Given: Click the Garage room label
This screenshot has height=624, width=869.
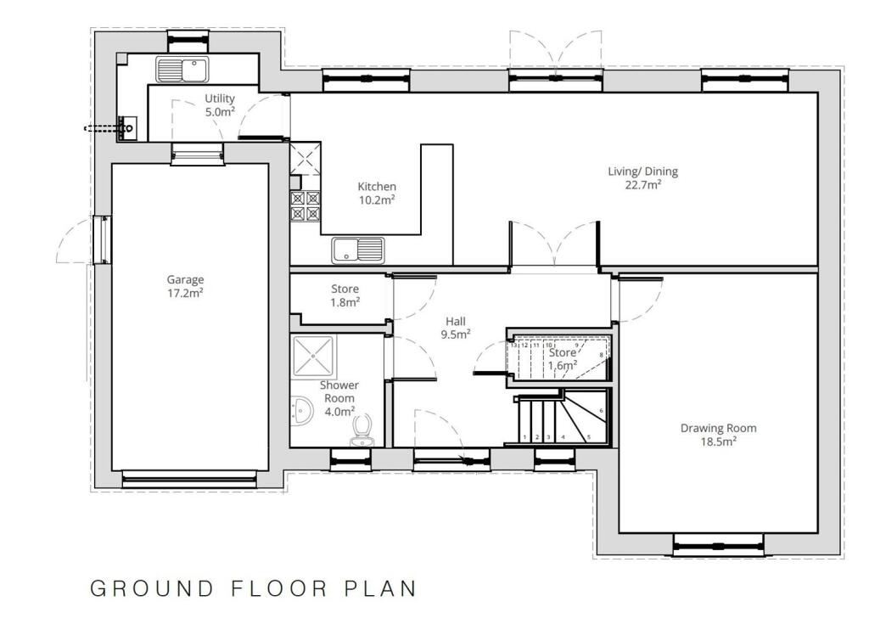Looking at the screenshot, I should click(x=185, y=279).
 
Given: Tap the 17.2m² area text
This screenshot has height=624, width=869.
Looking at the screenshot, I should click(x=185, y=293).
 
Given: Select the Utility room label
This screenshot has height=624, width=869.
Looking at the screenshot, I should click(x=220, y=98).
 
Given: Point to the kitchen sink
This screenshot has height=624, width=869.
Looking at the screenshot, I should click(x=357, y=250).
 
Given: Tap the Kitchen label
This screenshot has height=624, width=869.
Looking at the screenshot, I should click(x=377, y=187).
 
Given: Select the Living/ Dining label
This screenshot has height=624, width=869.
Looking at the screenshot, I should click(x=642, y=171).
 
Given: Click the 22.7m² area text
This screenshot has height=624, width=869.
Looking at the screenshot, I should click(x=643, y=183).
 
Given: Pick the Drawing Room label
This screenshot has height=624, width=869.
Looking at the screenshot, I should click(x=718, y=428).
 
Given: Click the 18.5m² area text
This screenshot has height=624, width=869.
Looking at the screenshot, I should click(x=719, y=441).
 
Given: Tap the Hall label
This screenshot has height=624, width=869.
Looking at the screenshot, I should click(x=457, y=321).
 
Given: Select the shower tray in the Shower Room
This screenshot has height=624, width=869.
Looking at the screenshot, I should click(x=313, y=354).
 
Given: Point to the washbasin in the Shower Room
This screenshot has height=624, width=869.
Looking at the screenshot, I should click(x=300, y=413).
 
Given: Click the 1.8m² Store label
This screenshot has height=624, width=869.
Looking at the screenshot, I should click(x=345, y=301).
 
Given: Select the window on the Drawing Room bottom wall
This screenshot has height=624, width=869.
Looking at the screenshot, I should click(x=719, y=544).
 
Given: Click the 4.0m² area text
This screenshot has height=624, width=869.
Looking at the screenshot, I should click(x=339, y=411).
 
